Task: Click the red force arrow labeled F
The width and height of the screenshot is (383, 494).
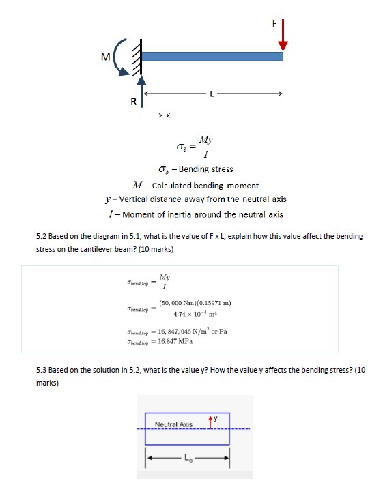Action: pos(283,35)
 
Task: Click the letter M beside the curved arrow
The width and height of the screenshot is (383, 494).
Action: pos(104,55)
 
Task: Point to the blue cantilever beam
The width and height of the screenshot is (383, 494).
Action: pos(212,54)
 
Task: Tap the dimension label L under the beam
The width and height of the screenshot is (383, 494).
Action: pos(212,93)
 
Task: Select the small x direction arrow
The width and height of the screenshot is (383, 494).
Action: pos(152,115)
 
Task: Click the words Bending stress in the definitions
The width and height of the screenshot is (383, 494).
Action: pos(205,169)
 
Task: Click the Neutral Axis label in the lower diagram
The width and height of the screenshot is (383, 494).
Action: pos(174,424)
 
